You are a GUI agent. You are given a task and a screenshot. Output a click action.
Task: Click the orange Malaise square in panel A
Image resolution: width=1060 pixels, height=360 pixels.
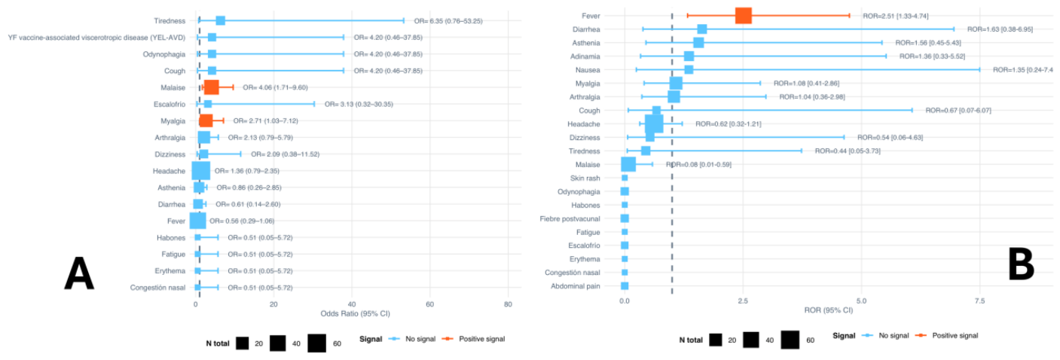pyautogui.click(x=211, y=87)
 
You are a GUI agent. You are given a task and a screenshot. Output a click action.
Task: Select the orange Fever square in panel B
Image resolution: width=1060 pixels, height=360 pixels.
pyautogui.click(x=744, y=16)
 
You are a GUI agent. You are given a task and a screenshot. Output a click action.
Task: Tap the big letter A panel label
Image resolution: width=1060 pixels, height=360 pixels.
pyautogui.click(x=79, y=273)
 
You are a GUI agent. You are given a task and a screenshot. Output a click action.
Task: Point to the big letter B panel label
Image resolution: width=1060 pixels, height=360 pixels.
pyautogui.click(x=1021, y=264)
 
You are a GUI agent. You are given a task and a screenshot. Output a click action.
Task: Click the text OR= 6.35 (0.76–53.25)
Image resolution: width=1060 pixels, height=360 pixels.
pyautogui.click(x=448, y=21)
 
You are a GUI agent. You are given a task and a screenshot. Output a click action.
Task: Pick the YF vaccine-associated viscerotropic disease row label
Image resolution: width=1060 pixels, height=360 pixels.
pyautogui.click(x=96, y=38)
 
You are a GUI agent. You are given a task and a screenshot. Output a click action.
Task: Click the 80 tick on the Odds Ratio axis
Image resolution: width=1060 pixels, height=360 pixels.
pyautogui.click(x=508, y=304)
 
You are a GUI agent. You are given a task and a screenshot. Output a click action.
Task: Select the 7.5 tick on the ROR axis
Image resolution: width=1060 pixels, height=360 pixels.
pyautogui.click(x=979, y=301)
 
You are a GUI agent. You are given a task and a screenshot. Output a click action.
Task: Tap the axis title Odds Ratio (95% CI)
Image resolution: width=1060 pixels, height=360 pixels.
pyautogui.click(x=356, y=313)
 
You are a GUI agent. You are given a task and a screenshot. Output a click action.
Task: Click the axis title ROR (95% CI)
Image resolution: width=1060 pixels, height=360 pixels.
pyautogui.click(x=829, y=310)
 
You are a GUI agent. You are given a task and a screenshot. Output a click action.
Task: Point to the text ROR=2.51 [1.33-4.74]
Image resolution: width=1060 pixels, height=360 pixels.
pyautogui.click(x=895, y=16)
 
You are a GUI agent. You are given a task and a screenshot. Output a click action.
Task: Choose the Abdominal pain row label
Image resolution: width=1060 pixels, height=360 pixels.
pyautogui.click(x=576, y=286)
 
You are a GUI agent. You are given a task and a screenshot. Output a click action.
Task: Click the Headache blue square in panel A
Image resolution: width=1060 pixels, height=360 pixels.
pyautogui.click(x=200, y=171)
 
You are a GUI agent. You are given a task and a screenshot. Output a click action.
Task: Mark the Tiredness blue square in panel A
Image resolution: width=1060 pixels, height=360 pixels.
pyautogui.click(x=221, y=21)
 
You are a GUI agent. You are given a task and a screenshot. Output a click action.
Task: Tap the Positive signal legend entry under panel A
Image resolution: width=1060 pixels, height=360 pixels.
pyautogui.click(x=473, y=339)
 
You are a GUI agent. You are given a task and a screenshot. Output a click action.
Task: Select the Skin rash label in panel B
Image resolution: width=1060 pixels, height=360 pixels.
pyautogui.click(x=585, y=178)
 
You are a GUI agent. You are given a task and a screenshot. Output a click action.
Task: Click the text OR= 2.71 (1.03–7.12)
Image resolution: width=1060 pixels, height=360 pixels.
pyautogui.click(x=265, y=121)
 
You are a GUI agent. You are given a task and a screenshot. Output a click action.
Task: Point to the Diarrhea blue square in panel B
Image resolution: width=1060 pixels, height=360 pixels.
pyautogui.click(x=702, y=29)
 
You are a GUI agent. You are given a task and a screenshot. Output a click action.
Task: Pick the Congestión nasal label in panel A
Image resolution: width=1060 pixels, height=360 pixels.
pyautogui.click(x=157, y=288)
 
